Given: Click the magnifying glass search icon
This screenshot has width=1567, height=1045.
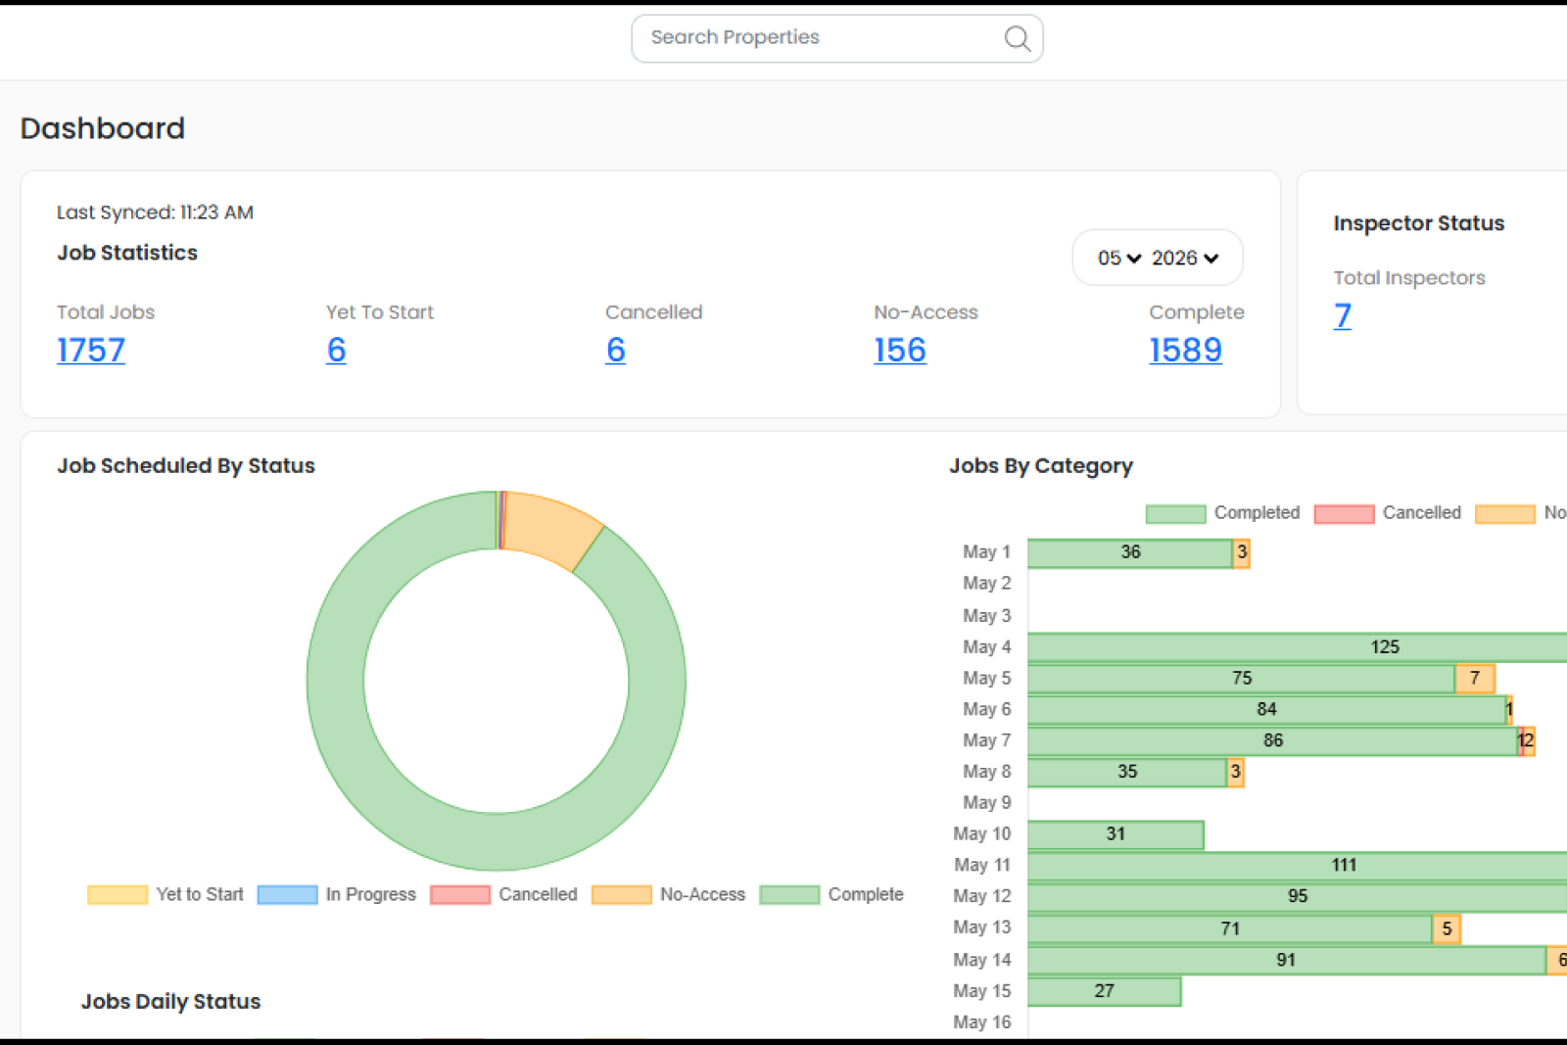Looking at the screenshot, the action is [1018, 38].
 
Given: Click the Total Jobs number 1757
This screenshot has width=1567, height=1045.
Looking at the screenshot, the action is [91, 350].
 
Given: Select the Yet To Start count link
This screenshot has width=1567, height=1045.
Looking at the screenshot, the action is [336, 350].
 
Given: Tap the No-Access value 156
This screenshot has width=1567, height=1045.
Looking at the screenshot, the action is [900, 350].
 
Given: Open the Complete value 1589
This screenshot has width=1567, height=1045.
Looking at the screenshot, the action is [1185, 350].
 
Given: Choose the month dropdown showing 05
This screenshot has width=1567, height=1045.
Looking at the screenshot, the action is [1119, 259].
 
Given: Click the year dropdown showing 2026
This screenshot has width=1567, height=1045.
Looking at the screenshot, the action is [1185, 259].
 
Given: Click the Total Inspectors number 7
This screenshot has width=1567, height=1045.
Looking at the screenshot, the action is [1343, 315].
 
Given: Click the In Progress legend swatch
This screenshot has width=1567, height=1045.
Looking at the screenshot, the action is [288, 894].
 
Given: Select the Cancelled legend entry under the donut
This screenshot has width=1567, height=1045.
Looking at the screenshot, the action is [504, 894].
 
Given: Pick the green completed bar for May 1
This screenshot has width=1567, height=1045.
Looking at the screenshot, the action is [1130, 552].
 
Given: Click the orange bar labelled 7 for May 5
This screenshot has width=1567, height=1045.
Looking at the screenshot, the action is [1475, 678].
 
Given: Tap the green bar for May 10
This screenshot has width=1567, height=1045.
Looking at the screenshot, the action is [1116, 834].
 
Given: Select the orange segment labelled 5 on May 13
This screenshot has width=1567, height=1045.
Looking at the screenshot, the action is [1447, 928].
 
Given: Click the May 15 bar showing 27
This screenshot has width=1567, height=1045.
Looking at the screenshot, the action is [1105, 991].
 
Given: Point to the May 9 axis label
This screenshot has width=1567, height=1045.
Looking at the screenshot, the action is [986, 802].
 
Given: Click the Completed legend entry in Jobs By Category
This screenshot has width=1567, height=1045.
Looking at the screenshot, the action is [1223, 513].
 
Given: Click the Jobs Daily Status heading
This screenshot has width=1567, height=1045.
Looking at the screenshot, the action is [170, 1001].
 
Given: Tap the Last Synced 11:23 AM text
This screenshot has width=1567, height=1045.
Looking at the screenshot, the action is [155, 212].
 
